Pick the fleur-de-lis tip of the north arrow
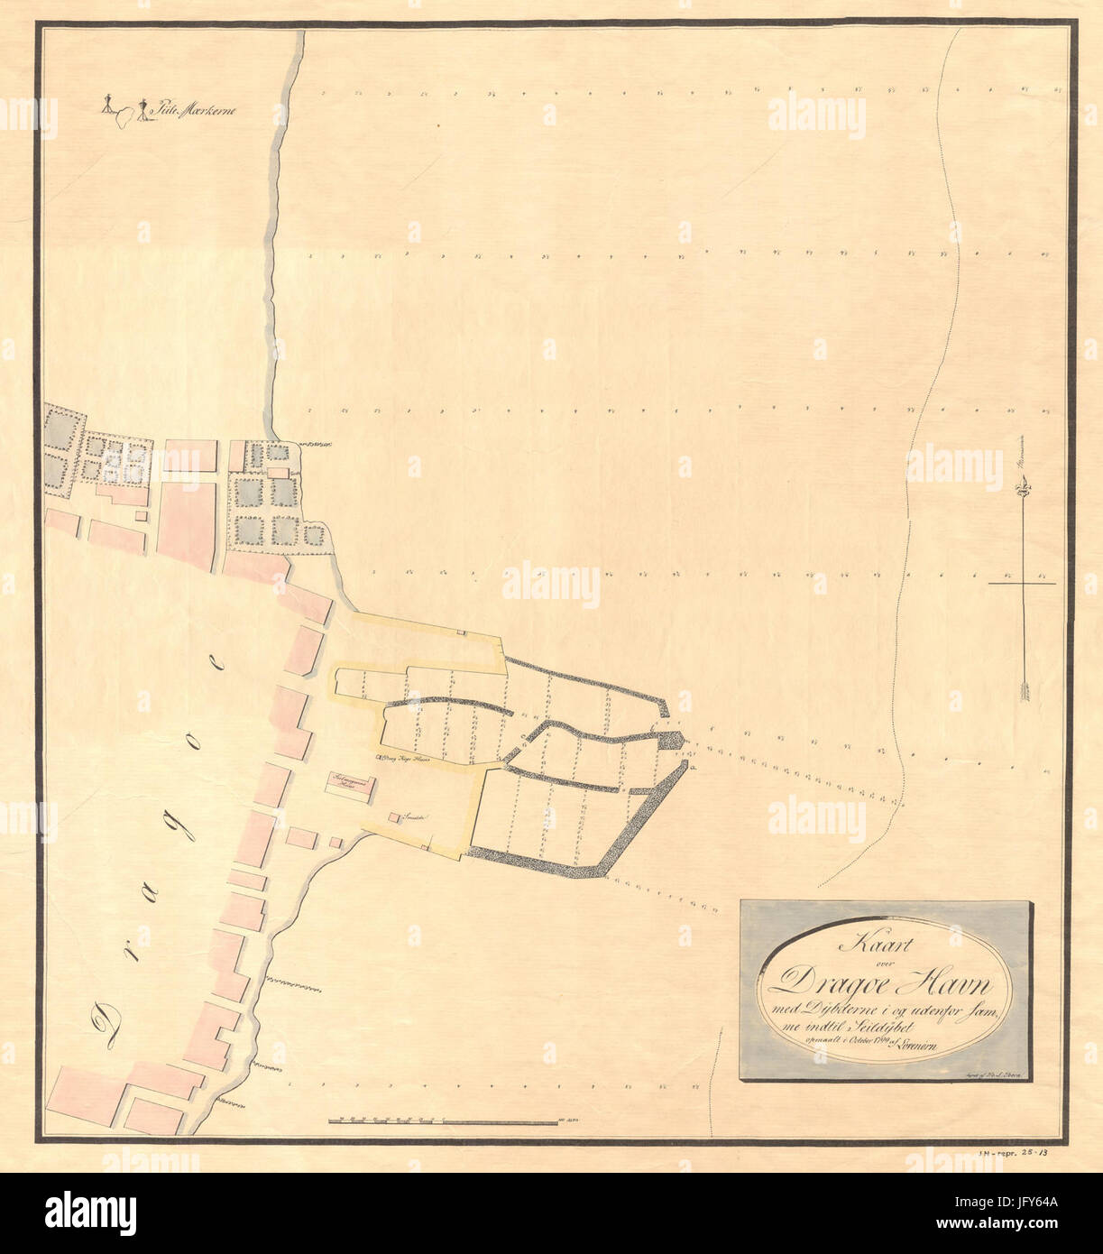point(1025,490)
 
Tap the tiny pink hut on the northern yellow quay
point(463,636)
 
